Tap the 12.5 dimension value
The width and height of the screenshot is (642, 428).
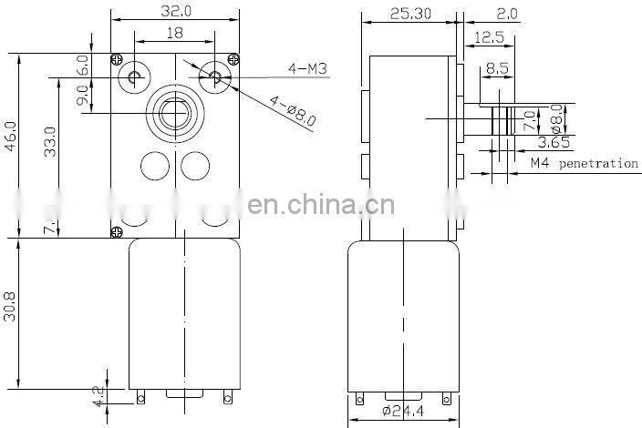pos(490,36)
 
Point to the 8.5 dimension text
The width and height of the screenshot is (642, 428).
pos(498,67)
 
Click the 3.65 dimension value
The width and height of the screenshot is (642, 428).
pos(554,142)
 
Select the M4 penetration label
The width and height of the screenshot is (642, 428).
pos(585,164)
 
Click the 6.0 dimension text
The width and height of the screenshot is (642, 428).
pos(82,66)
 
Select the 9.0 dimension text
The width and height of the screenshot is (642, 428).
pos(82,96)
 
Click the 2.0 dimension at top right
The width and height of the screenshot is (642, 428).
pos(534,14)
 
